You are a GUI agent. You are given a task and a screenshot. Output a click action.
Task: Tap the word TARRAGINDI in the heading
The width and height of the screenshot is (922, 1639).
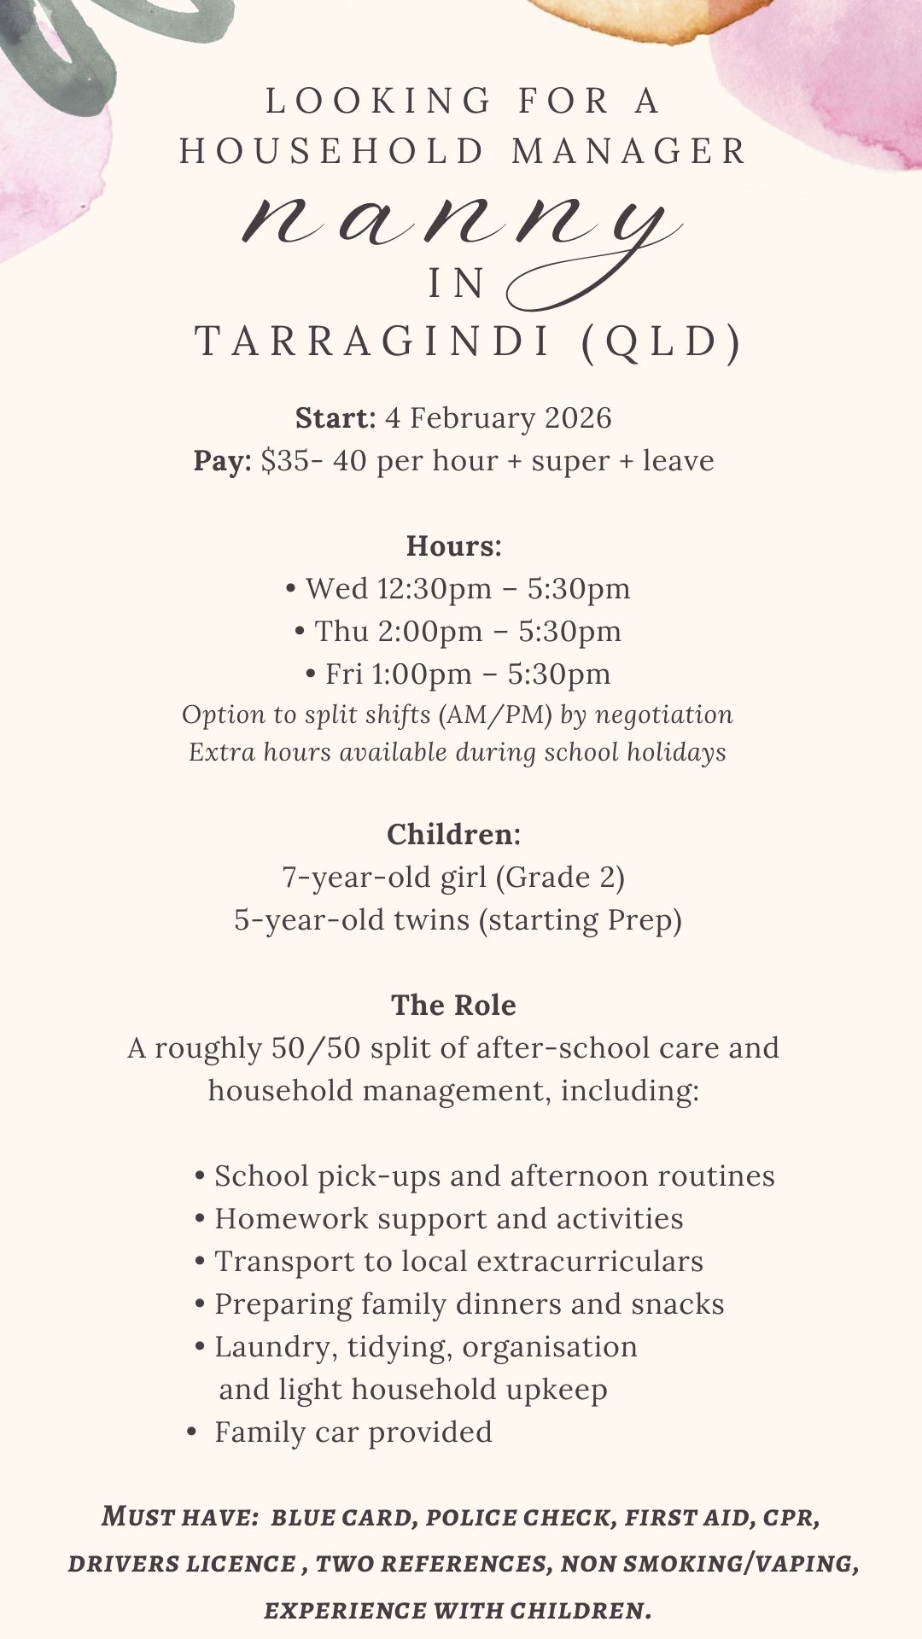point(374,342)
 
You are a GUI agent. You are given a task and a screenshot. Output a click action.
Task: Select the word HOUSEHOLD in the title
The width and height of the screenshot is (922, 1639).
point(333,152)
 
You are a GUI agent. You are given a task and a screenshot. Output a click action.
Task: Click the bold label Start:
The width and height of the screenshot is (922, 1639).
point(336,418)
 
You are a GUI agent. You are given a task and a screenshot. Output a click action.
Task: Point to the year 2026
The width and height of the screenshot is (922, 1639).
point(578,418)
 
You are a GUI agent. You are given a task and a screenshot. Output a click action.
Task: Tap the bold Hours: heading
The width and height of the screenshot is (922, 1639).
point(453,546)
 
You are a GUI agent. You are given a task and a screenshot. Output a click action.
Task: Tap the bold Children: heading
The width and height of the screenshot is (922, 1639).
point(453,834)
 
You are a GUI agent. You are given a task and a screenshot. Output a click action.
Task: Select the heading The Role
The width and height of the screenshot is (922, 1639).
point(453,1006)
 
